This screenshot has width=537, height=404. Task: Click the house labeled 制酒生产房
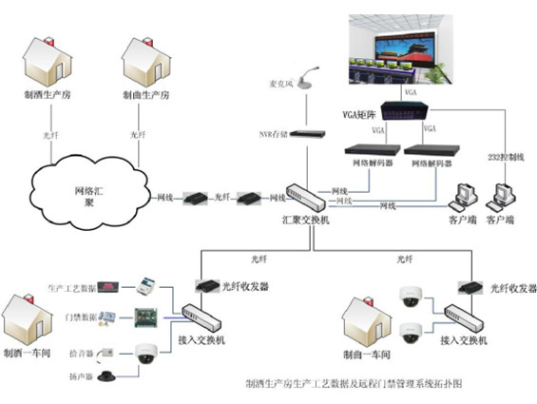click(x=48, y=61)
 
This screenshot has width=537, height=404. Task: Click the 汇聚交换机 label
click(x=306, y=221)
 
